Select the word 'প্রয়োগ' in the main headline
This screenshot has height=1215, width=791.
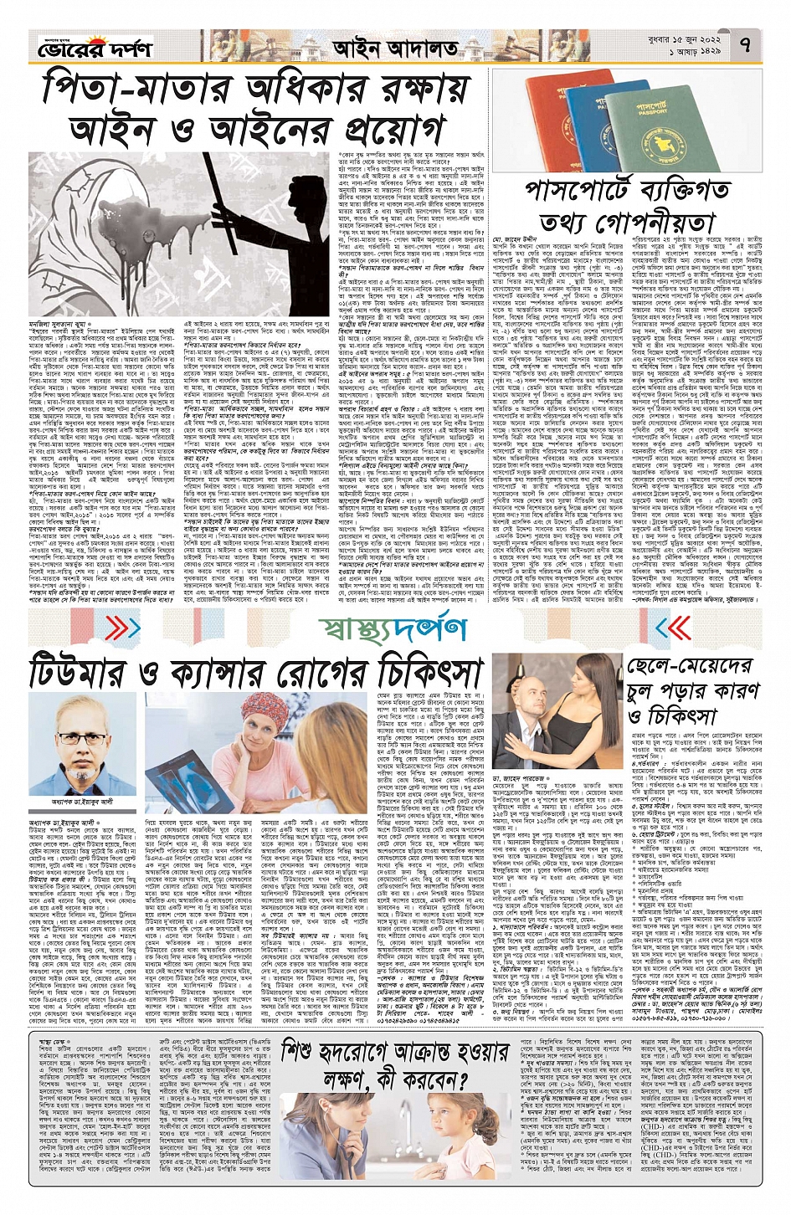click(378, 131)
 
